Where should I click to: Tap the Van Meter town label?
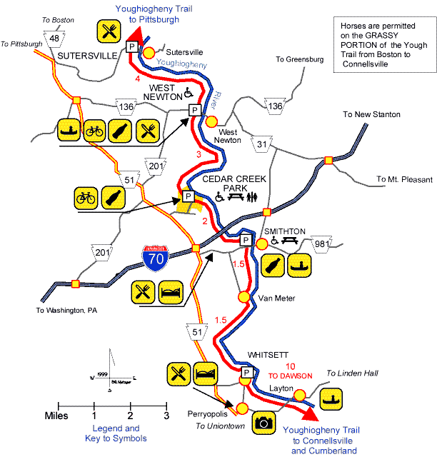pos(273,298)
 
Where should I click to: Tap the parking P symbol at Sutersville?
pos(131,46)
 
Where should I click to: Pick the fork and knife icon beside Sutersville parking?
pos(109,31)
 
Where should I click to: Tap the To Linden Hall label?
pos(351,373)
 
